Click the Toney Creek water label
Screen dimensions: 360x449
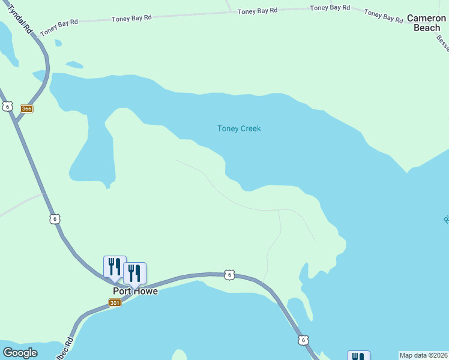point(239,128)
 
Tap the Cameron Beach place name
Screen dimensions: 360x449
point(427,23)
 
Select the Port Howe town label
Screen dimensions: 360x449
point(135,291)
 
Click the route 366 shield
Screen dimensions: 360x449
point(26,109)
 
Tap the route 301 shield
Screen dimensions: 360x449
point(115,303)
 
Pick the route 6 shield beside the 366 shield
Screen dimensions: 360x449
point(7,106)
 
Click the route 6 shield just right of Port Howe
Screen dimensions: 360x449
point(229,275)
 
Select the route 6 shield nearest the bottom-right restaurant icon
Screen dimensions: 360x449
point(304,340)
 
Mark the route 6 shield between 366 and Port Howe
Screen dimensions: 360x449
point(55,219)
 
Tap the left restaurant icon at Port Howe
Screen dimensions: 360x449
point(115,266)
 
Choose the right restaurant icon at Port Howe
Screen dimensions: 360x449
point(134,273)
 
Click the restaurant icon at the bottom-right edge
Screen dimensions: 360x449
point(358,356)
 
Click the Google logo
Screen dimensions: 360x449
point(20,353)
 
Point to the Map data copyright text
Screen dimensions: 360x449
point(423,355)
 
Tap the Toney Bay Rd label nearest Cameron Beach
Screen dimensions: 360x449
point(383,16)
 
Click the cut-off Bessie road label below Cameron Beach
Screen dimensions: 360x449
point(442,41)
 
